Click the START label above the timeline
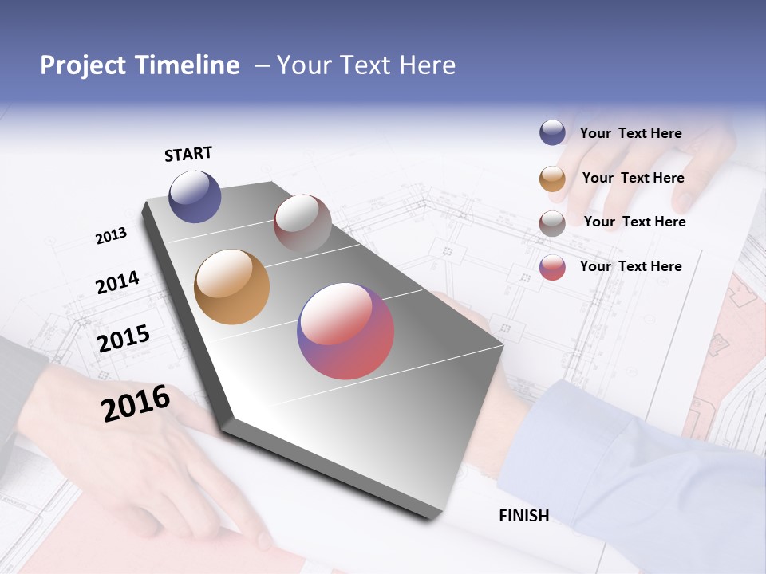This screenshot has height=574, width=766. (x=188, y=154)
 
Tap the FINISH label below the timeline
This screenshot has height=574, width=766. (x=523, y=516)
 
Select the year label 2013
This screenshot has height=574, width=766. (x=111, y=236)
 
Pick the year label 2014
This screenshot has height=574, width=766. (x=117, y=283)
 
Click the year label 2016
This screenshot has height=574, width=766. (x=136, y=404)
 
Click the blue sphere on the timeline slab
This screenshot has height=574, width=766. (x=195, y=196)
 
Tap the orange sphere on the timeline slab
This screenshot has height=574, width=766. (x=231, y=287)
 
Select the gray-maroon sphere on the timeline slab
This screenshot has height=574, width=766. (x=302, y=223)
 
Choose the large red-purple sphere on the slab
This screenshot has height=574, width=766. (x=345, y=331)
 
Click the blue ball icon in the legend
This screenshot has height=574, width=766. (x=552, y=132)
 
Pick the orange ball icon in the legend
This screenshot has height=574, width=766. (x=552, y=179)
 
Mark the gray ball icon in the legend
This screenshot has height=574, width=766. (x=552, y=223)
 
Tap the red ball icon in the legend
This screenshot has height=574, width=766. (x=552, y=267)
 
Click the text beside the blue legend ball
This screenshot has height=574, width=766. (x=630, y=134)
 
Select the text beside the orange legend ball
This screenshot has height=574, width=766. (x=633, y=178)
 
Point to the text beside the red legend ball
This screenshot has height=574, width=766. (x=630, y=266)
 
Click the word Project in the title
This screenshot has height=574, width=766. (x=82, y=65)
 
